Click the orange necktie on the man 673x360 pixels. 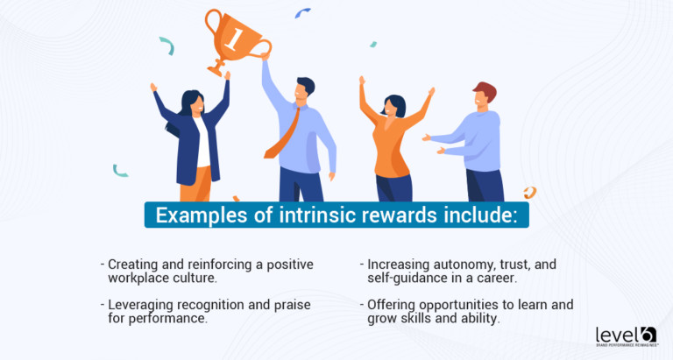click(283, 131)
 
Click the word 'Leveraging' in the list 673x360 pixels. click(143, 305)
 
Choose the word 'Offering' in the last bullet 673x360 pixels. click(392, 305)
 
